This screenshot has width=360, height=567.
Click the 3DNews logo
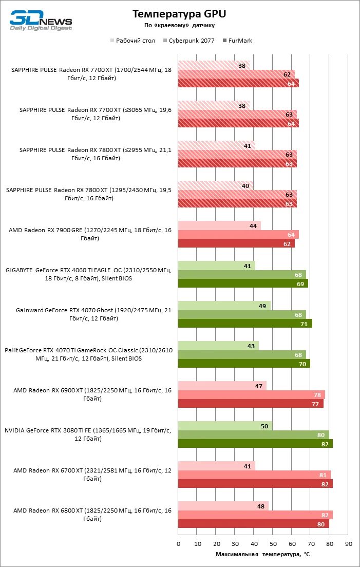(41, 20)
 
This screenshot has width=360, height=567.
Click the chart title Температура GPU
(179, 14)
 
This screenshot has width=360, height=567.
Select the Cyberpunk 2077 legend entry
(188, 41)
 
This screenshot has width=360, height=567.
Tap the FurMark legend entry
(237, 41)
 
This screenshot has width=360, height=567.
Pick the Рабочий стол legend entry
(133, 41)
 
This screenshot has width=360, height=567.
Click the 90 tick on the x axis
(348, 543)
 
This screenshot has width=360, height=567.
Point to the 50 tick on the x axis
(273, 543)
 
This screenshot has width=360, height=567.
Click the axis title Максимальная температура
(262, 554)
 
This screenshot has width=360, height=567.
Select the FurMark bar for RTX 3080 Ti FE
(255, 444)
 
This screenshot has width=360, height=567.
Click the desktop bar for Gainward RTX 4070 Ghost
(224, 306)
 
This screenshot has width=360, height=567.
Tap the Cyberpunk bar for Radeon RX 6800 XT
(255, 515)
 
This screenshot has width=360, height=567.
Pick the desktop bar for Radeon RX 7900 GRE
(219, 225)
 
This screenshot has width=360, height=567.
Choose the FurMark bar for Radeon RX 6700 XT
(255, 484)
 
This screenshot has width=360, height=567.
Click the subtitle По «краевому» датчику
(179, 25)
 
